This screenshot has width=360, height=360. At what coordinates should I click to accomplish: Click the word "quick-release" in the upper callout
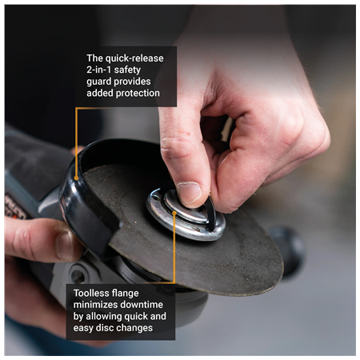tap(134, 58)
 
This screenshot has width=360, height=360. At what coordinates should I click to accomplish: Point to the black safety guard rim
tap(80, 200)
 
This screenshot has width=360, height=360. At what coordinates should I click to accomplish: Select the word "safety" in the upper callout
tap(144, 70)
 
